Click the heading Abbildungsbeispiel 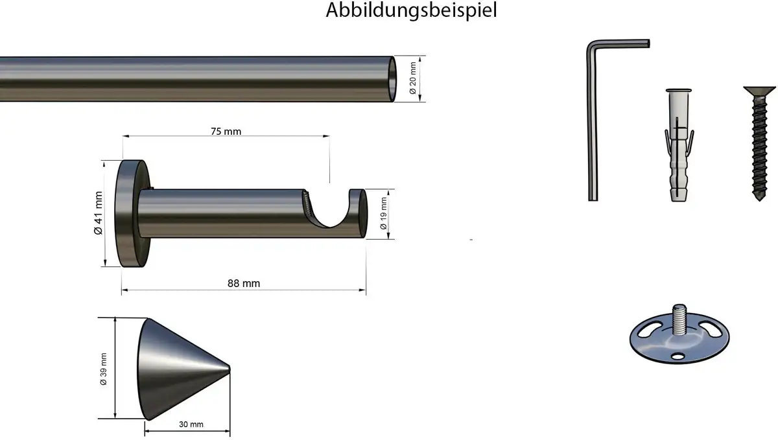[411, 10]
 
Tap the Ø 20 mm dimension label [412, 78]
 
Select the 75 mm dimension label [226, 132]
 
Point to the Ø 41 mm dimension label [99, 213]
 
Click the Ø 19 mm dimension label [383, 213]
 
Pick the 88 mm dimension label [244, 283]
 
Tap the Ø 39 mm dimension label [104, 369]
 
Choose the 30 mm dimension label [191, 424]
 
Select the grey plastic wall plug [679, 145]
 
